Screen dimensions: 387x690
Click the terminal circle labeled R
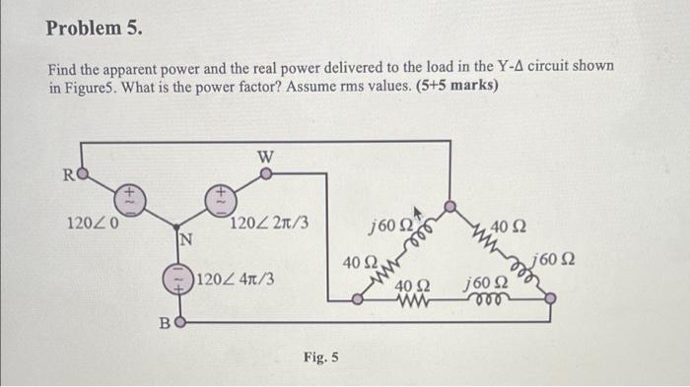click(x=84, y=177)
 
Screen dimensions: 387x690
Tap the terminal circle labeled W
click(x=264, y=177)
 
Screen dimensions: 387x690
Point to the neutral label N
click(x=184, y=239)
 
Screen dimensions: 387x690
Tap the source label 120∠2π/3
click(x=269, y=223)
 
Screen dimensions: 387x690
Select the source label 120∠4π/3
click(x=236, y=279)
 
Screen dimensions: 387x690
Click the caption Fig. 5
click(x=321, y=356)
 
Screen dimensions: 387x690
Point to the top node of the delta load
click(x=450, y=208)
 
